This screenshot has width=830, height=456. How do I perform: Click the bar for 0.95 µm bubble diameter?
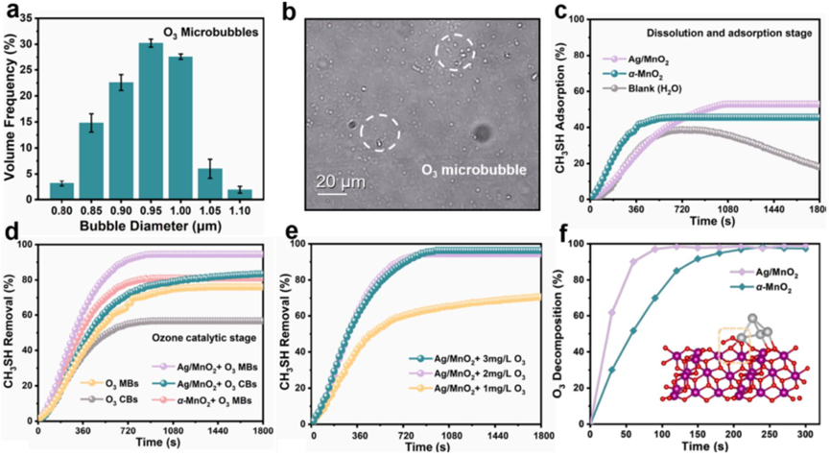(151, 133)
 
